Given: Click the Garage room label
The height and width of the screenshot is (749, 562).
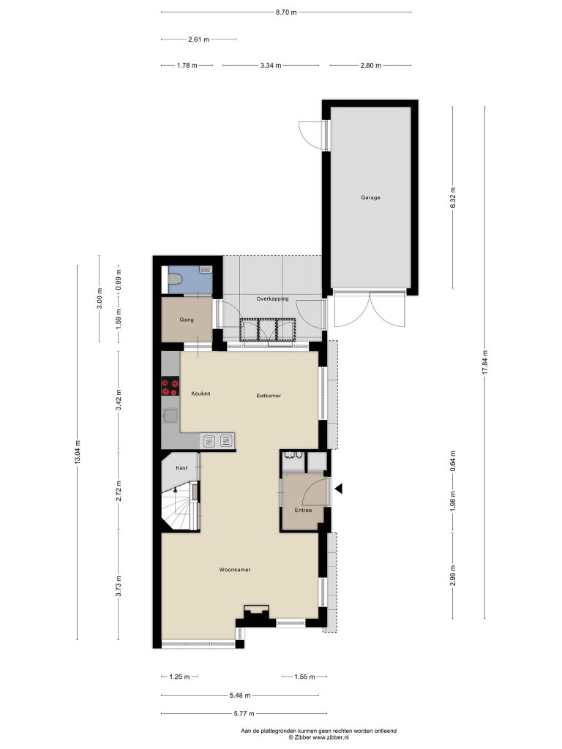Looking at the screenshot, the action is tap(370, 197).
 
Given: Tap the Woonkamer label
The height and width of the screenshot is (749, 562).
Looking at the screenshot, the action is tap(235, 569).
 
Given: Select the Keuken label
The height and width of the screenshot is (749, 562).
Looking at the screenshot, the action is tap(201, 394).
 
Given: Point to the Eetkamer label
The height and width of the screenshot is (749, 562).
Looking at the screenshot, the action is tap(269, 396).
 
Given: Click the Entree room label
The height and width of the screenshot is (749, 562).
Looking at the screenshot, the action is tap(303, 510).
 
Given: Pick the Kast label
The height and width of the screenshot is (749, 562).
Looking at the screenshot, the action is tap(181, 467).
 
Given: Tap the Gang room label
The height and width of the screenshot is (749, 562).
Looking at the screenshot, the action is tap(187, 320).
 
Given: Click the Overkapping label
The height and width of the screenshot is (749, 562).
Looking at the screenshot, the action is tap(272, 299).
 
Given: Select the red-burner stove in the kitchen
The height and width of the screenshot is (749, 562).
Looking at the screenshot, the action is tap(170, 386).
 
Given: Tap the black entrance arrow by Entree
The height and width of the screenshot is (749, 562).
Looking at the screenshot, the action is tap(339, 489).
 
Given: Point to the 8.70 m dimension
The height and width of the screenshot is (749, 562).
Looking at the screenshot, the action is tap(286, 12).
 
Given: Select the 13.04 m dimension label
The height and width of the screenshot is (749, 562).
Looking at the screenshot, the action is tap(78, 452).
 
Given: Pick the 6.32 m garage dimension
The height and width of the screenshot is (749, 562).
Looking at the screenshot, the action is tap(453, 197).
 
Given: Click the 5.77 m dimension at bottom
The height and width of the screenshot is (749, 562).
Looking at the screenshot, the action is tap(244, 714).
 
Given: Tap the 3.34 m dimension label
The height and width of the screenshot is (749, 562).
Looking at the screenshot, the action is tap(271, 65).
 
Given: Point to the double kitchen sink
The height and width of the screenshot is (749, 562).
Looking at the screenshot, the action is tap(217, 440).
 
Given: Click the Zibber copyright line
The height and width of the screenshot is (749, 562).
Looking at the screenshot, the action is tap(319, 737).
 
